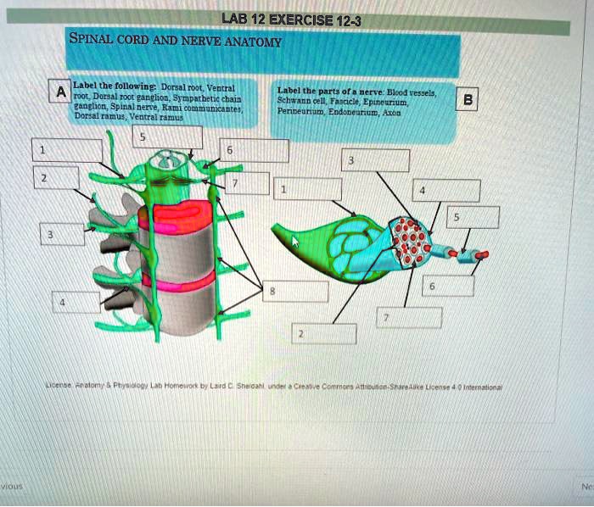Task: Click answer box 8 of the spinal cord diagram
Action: tap(293, 291)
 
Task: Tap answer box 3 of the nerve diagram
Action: tap(375, 160)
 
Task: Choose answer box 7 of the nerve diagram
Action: tap(408, 317)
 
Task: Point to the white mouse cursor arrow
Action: tap(296, 242)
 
